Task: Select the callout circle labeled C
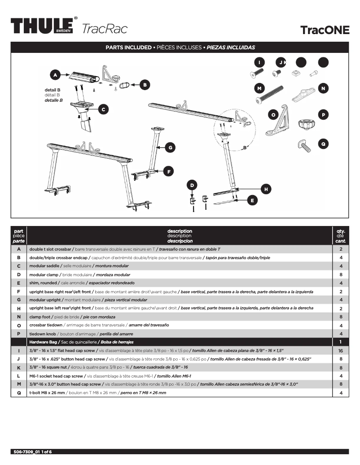(x=103, y=109)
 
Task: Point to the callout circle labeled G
(x=170, y=147)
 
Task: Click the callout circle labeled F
(x=168, y=171)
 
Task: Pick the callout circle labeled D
(x=192, y=185)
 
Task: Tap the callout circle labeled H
(x=266, y=189)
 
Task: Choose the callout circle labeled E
(x=253, y=200)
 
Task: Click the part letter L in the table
(x=19, y=376)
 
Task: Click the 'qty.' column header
(x=340, y=232)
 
